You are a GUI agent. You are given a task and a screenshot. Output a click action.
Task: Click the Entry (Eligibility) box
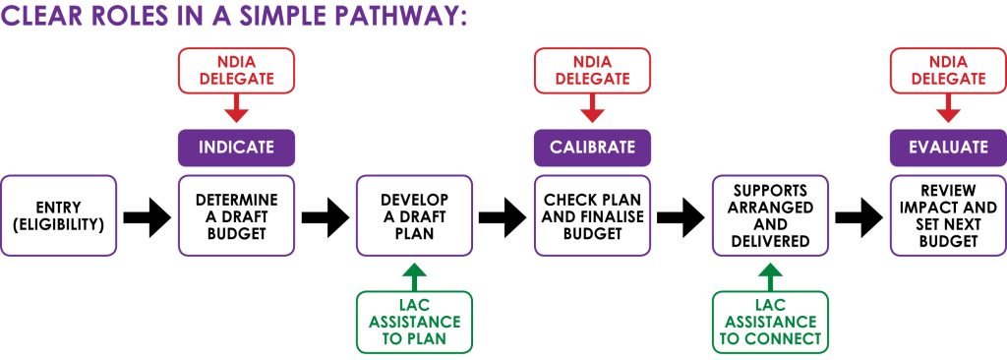coord(59,215)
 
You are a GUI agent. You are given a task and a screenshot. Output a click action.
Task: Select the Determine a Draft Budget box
coord(236,215)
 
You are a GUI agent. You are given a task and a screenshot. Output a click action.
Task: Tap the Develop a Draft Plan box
coord(414,215)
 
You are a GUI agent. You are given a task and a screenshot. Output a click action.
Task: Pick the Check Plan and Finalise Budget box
coord(592,215)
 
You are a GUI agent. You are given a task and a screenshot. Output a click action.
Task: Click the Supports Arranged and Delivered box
coord(770,215)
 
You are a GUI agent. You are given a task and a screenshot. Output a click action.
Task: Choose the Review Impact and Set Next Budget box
coord(948,215)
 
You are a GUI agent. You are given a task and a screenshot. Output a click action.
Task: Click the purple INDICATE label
coord(236,148)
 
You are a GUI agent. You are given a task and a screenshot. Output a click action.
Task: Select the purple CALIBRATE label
coord(592,148)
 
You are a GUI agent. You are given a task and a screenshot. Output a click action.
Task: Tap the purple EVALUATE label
coord(948,148)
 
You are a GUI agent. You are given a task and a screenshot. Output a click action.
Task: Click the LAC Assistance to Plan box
coord(414,322)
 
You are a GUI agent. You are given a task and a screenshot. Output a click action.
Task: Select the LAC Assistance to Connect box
coord(770,322)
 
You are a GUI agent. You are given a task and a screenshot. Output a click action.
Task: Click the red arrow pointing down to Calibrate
coord(592,108)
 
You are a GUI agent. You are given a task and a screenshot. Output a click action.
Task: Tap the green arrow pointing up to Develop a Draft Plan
coord(414,275)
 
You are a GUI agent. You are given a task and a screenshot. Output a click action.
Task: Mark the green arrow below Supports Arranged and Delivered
coord(770,275)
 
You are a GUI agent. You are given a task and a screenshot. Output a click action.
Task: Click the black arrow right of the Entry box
coord(148,216)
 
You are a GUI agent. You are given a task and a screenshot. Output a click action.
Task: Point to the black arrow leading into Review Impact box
coord(859,216)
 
